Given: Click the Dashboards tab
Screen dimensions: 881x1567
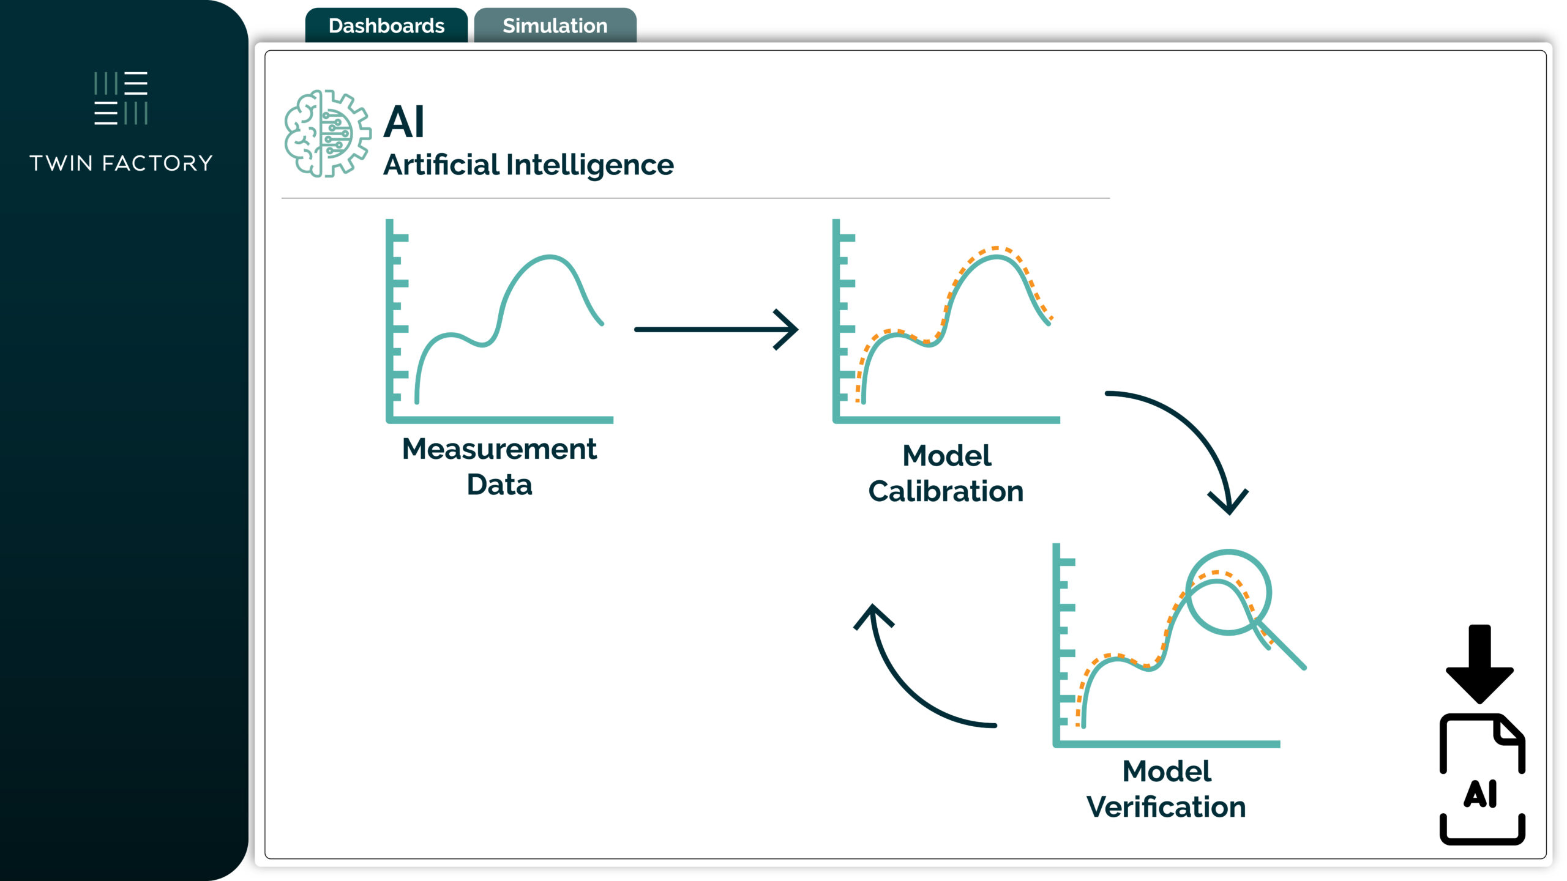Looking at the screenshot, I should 386,26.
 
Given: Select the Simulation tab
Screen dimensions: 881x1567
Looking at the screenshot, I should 555,26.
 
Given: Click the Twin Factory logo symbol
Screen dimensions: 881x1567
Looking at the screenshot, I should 121,99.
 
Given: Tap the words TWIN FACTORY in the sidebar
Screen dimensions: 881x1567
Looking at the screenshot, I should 121,163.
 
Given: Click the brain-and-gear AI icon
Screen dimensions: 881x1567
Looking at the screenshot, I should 327,133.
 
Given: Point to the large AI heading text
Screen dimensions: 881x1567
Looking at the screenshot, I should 404,122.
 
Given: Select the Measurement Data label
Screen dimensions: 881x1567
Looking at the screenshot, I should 499,466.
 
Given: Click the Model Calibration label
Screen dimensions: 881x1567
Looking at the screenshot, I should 946,474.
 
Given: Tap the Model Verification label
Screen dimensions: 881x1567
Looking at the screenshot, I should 1166,789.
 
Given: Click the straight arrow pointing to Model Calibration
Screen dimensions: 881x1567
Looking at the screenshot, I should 716,329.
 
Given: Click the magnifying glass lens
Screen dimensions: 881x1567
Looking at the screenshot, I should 1229,592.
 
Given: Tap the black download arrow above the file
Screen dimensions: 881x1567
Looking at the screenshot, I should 1479,664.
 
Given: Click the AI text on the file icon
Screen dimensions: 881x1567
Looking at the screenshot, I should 1481,794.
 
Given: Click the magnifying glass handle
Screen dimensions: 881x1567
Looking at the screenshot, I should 1282,647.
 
